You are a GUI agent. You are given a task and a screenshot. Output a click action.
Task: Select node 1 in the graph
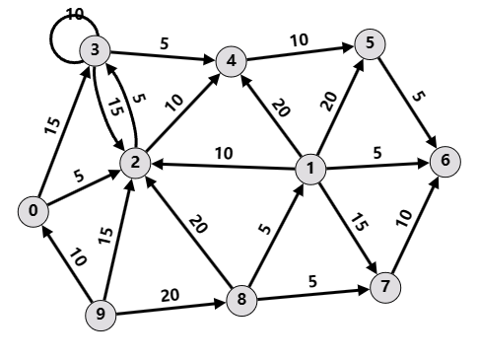[309, 170]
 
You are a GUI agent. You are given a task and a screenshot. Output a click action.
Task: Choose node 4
[232, 60]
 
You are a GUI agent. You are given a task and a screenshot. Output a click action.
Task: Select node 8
[240, 299]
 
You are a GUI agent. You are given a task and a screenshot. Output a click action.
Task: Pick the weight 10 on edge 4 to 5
[298, 38]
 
